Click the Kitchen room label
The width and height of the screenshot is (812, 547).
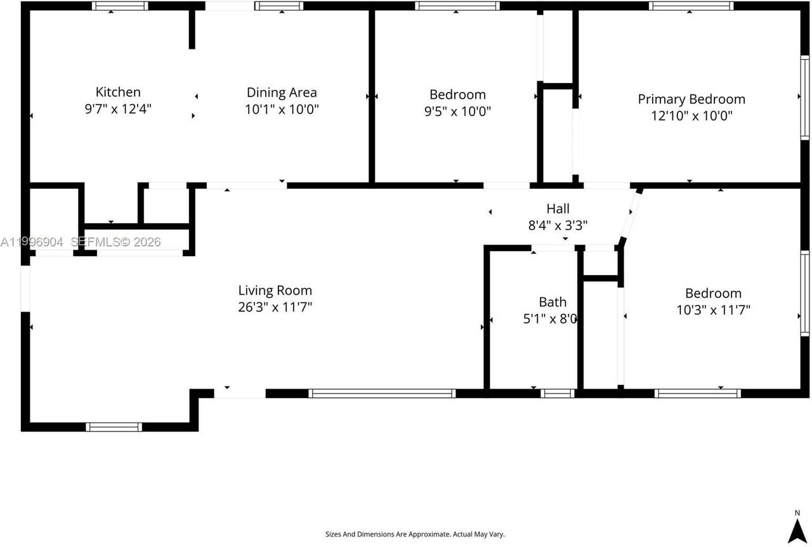[x=118, y=92]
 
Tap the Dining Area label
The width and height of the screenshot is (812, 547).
[x=282, y=93]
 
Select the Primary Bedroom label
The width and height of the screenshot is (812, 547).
[x=691, y=99]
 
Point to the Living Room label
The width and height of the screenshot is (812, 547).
[x=275, y=290]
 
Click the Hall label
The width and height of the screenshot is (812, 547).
[x=558, y=208]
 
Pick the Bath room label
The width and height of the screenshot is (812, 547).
[x=553, y=302]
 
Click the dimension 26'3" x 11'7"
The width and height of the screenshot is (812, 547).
[x=275, y=307]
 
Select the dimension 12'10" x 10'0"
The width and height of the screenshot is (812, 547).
[x=691, y=116]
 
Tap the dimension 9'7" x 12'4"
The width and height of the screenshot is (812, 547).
[x=118, y=109]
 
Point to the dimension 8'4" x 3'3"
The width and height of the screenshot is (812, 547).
[x=558, y=224]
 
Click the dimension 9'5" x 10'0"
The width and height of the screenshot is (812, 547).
[x=457, y=112]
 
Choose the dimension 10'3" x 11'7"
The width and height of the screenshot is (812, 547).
[x=713, y=310]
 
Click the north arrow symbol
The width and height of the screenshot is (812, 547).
[x=797, y=531]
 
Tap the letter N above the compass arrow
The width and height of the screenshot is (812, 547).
[x=797, y=513]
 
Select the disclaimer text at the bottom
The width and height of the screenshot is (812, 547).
[x=415, y=534]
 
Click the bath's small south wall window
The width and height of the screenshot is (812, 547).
[x=558, y=393]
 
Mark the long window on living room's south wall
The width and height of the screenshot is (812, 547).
[x=382, y=393]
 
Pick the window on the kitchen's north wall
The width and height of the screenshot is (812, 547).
[x=120, y=6]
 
